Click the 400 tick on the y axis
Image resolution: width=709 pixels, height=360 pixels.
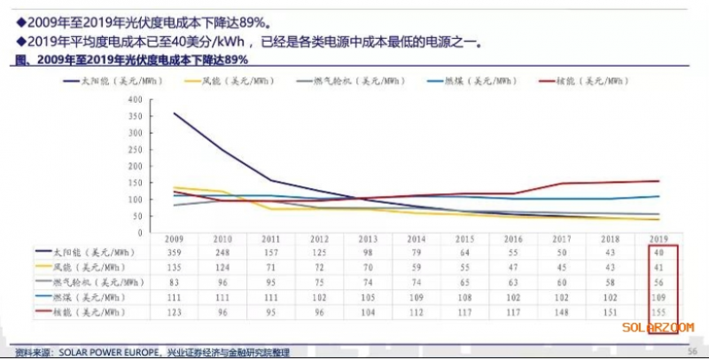point(136,99)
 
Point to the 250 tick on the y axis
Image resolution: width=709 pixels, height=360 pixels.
point(136,149)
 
